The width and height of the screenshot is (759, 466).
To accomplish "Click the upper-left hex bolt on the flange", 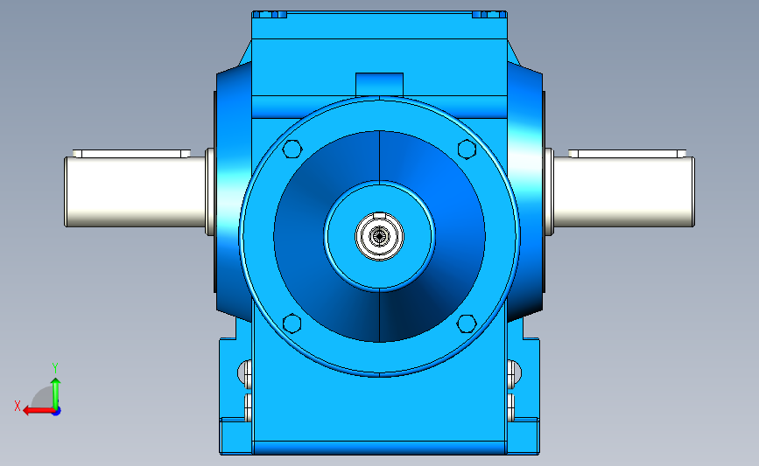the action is (292, 149).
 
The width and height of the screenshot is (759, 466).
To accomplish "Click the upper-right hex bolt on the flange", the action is (467, 149).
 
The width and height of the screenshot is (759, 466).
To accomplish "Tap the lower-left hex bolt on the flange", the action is (292, 323).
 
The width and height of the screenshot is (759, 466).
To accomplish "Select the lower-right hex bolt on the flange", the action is (467, 323).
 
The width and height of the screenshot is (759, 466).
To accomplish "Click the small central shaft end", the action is (380, 236).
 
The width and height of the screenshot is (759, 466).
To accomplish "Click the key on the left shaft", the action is (131, 154).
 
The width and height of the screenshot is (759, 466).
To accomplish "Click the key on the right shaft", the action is (628, 154).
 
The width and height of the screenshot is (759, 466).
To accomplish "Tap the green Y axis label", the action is (55, 368).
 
